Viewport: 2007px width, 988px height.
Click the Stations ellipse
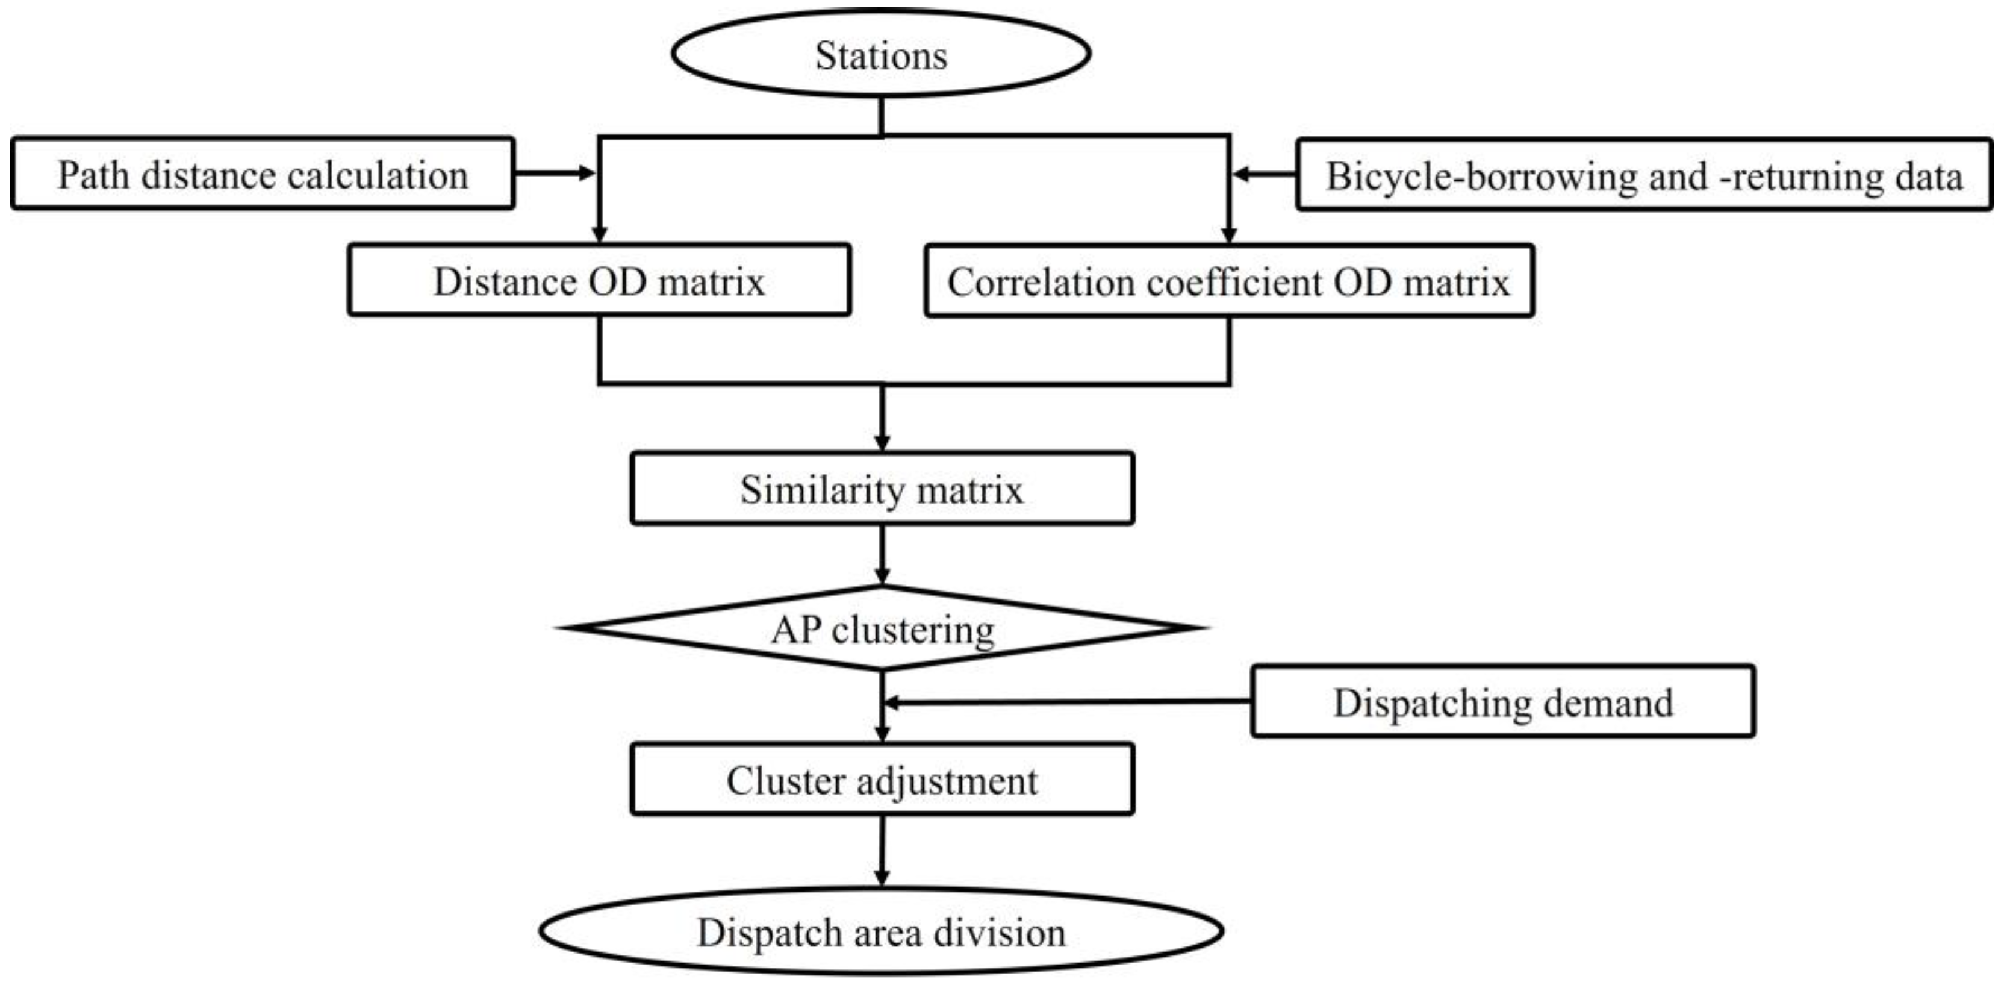pyautogui.click(x=880, y=55)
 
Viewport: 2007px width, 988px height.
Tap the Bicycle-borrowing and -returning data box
pyautogui.click(x=1644, y=175)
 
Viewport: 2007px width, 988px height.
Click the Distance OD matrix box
pyautogui.click(x=599, y=281)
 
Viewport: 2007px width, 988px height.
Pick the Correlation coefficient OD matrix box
pyautogui.click(x=1228, y=281)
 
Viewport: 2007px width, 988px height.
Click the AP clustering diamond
pyautogui.click(x=882, y=628)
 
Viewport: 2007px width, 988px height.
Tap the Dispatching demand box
pyautogui.click(x=1502, y=702)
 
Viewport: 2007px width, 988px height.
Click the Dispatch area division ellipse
pyautogui.click(x=880, y=932)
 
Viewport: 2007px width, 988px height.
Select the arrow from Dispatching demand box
pyautogui.click(x=1068, y=702)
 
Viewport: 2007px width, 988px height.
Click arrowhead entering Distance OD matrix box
pyautogui.click(x=599, y=234)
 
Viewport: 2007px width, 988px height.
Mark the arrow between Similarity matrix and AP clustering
pyautogui.click(x=882, y=555)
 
